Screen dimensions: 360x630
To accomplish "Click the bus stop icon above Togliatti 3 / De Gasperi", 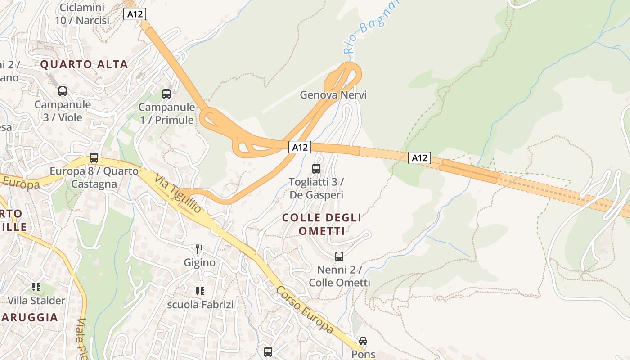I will coord(316,169).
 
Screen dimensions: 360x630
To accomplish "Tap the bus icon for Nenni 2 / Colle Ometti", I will coord(339,256).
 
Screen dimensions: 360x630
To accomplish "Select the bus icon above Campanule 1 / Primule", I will coord(166,94).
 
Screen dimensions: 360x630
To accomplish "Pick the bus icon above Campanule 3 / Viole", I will coord(63,91).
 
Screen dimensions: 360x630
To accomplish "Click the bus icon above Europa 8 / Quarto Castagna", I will coord(94,158).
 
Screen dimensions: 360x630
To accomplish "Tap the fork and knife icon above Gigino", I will coord(199,249).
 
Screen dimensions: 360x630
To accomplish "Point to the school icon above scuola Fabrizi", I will coord(200,291).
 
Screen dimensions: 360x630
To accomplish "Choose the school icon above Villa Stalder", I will coord(36,287).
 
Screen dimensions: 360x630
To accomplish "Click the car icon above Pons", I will coord(363,341).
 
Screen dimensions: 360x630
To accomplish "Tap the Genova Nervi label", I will coord(333,95).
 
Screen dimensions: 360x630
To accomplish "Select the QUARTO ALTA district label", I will coord(84,64).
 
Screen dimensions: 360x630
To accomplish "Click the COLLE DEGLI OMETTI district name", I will coord(321,224).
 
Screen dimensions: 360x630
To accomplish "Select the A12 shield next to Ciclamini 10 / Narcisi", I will coord(135,14).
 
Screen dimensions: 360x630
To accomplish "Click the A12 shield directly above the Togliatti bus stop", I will coord(300,147).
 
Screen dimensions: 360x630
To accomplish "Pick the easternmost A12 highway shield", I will coord(419,158).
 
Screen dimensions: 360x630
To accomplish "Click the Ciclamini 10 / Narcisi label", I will coord(82,14).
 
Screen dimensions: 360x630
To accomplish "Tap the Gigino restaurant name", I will coord(199,262).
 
